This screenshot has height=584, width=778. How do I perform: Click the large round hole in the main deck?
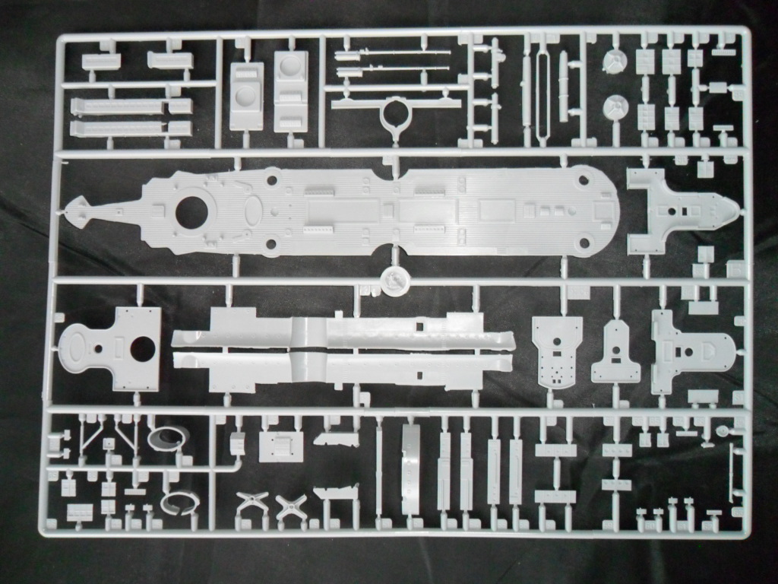tap(191, 212)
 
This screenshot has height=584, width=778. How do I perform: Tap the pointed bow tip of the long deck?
tap(71, 209)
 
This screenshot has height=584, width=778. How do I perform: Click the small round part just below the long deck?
tap(395, 279)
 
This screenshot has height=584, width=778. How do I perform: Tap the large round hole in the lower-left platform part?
tap(143, 349)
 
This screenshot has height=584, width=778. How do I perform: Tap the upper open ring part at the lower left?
tap(169, 436)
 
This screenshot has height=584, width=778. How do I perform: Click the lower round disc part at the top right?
tap(614, 108)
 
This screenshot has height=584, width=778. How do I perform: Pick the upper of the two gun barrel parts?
tap(380, 55)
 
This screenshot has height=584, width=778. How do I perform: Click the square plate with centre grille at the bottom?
tap(280, 446)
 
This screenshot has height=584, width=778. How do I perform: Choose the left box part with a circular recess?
tap(245, 97)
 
